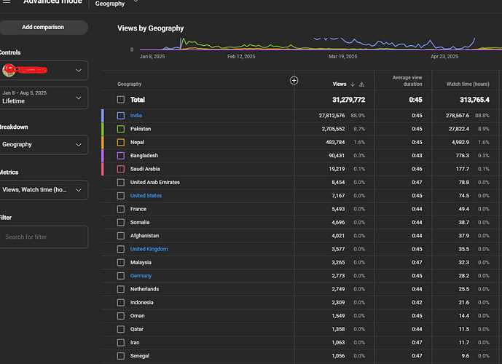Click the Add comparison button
(42, 27)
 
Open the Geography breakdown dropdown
(44, 145)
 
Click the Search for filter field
(44, 237)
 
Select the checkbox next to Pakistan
(121, 129)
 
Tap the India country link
(136, 116)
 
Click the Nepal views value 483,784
(331, 142)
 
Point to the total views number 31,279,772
(339, 100)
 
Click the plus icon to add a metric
(294, 80)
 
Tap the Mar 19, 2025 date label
(342, 56)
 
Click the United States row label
(146, 196)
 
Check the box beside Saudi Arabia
(121, 169)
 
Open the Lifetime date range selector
(44, 98)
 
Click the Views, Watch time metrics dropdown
(44, 190)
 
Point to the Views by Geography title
(150, 28)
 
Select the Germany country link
(141, 276)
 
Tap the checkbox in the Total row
(121, 100)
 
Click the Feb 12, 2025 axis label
(241, 56)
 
